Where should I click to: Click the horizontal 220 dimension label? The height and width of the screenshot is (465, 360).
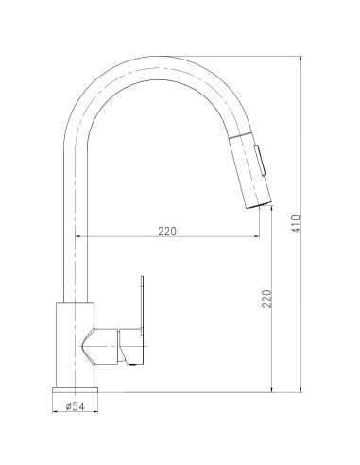[x=167, y=232]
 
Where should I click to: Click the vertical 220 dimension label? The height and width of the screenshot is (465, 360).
[x=266, y=299]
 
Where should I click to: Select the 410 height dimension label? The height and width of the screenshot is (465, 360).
[x=297, y=224]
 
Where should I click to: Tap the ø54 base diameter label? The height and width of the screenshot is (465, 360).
[x=76, y=406]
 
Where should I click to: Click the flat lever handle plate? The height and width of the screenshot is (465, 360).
[x=142, y=305]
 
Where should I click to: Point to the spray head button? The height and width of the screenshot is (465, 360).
[x=261, y=160]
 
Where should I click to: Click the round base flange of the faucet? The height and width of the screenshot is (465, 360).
[x=75, y=390]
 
